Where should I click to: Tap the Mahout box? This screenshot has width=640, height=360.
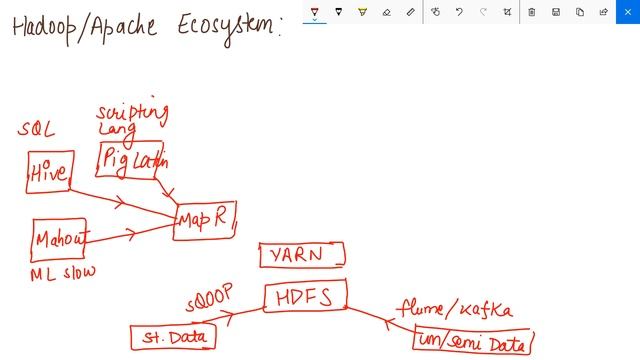click(60, 239)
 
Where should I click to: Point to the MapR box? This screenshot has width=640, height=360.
click(205, 220)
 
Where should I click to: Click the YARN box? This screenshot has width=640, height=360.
click(301, 255)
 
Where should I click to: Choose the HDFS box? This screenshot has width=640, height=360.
click(306, 296)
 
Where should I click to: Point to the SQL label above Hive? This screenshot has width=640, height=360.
click(36, 131)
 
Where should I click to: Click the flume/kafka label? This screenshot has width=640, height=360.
click(454, 308)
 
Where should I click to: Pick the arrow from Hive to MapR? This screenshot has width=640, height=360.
click(120, 200)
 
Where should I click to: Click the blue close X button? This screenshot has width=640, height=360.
click(627, 12)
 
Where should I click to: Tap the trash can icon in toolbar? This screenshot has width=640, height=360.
click(531, 12)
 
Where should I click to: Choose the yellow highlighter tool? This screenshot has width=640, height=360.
click(363, 12)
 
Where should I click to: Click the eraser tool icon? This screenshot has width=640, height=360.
click(387, 12)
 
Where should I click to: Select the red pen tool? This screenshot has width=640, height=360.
click(315, 12)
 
